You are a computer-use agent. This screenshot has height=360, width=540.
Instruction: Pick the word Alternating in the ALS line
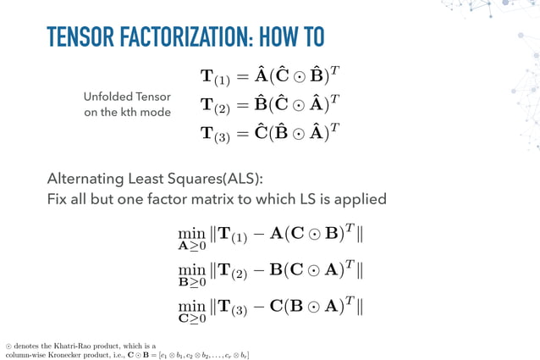tap(85, 179)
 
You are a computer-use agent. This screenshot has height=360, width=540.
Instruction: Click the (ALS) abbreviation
tap(239, 179)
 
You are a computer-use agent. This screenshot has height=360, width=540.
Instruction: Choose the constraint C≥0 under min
tap(191, 318)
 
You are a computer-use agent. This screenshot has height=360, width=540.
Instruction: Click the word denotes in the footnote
tap(27, 346)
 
